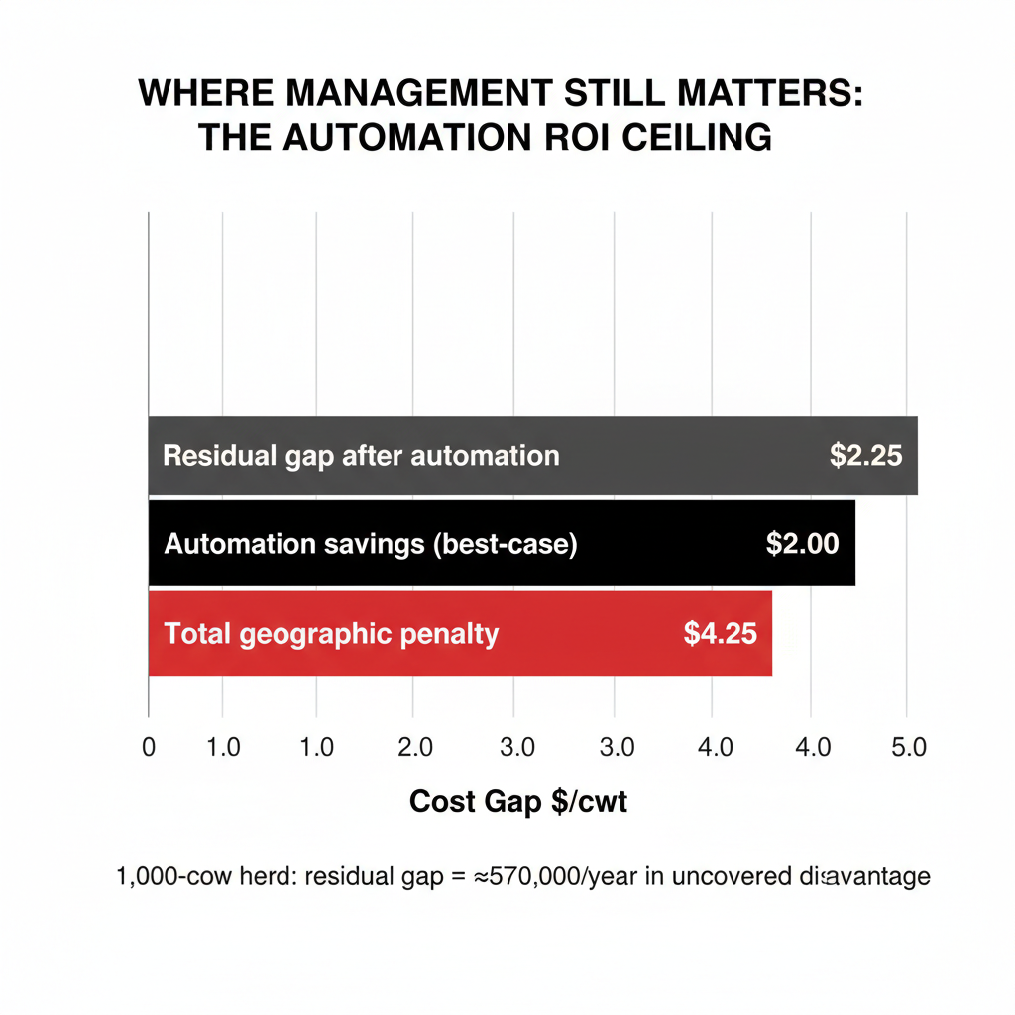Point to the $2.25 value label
865,456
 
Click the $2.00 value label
803,543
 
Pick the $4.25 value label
721,633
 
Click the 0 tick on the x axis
149,747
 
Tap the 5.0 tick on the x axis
907,747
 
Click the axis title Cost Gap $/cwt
517,802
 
